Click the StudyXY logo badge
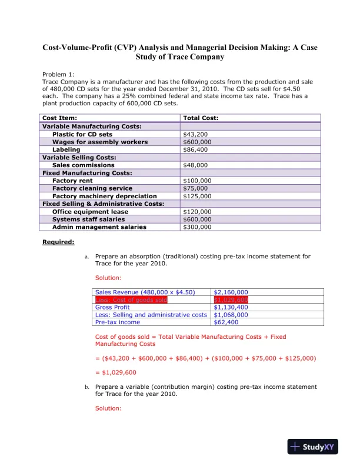click(315, 447)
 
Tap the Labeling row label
click(66, 149)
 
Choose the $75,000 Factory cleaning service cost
click(195, 188)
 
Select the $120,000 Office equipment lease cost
click(197, 211)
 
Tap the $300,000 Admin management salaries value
click(197, 227)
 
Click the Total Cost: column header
click(201, 118)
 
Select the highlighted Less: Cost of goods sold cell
click(131, 299)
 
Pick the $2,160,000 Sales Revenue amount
click(231, 292)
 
